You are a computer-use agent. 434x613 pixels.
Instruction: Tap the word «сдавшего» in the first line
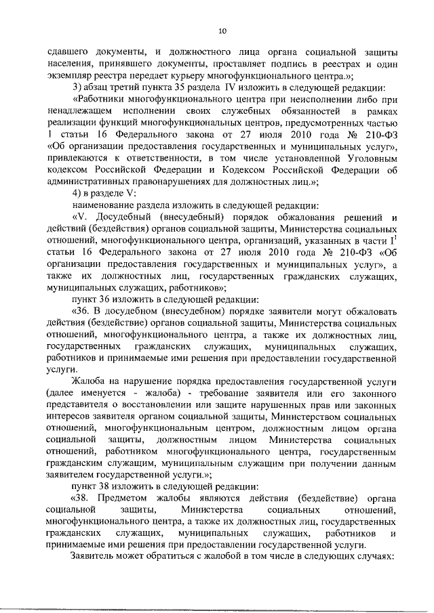69,52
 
